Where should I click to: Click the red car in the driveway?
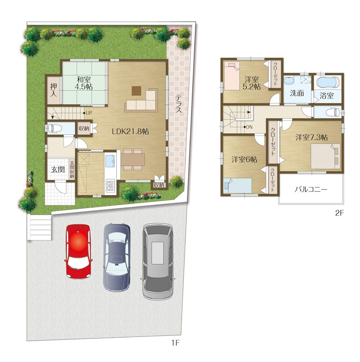coord(78,252)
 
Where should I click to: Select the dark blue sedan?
coord(117,257)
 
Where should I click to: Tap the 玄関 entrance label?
coord(57,169)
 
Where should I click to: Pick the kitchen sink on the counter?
coord(110,159)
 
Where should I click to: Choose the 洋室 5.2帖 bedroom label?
coord(252,83)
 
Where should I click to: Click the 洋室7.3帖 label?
coord(312,137)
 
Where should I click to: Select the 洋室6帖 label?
coord(244,159)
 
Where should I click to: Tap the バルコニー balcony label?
coord(311,189)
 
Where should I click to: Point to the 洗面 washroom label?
coord(297,93)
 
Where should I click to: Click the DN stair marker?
coord(249,127)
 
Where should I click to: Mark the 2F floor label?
coord(339,213)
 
